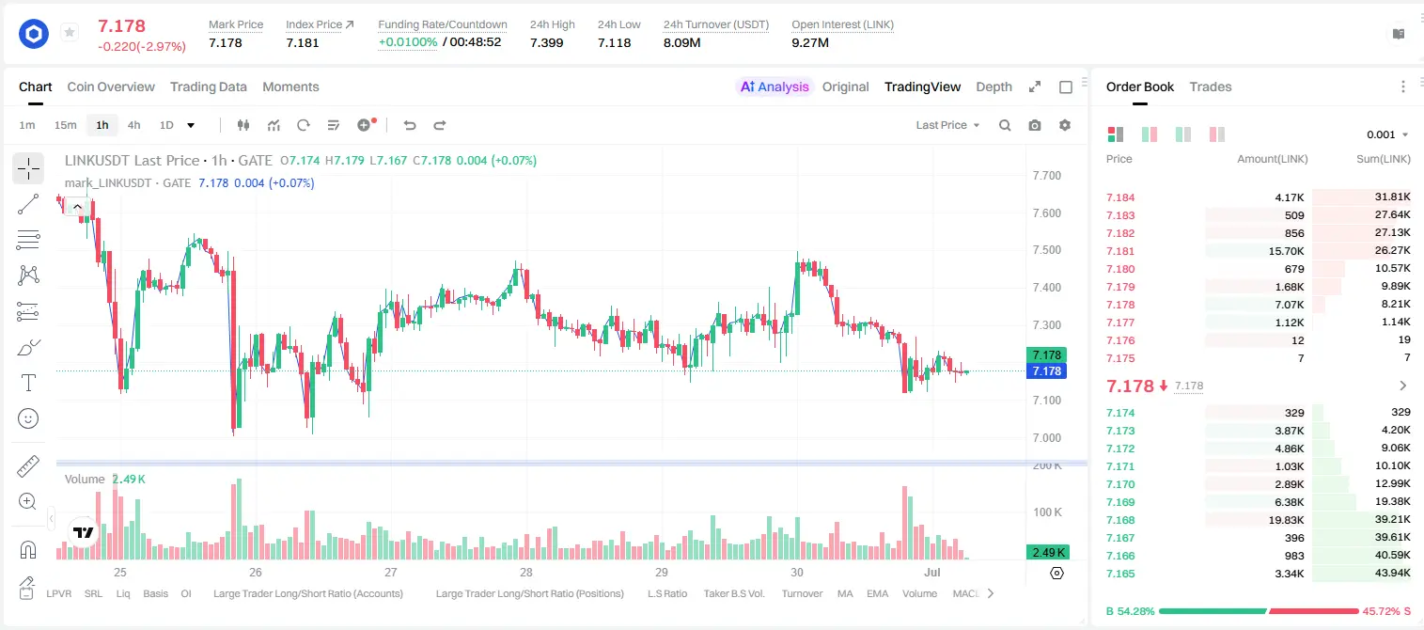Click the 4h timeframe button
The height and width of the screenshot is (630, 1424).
point(133,125)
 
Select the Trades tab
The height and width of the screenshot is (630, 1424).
point(1211,87)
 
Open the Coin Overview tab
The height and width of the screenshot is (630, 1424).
point(111,87)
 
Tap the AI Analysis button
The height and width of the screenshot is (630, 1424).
point(775,87)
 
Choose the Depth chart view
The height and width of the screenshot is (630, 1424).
point(994,87)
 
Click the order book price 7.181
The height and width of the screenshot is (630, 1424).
point(1120,251)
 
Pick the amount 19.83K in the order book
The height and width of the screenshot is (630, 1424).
point(1286,520)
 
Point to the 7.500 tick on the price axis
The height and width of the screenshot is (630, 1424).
point(1047,250)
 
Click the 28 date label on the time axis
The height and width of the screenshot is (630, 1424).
point(525,572)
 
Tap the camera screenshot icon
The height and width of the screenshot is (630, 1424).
point(1035,125)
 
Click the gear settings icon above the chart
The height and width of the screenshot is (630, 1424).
point(1065,125)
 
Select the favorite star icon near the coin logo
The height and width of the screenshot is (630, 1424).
point(70,32)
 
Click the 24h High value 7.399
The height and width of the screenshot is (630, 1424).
point(547,42)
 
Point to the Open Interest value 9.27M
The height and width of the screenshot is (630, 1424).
point(810,42)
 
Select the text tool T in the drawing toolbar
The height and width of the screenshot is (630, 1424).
point(28,383)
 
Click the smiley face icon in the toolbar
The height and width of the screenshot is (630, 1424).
point(28,418)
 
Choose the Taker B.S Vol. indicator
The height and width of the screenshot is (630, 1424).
point(733,593)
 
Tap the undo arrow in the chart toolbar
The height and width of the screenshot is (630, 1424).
point(410,125)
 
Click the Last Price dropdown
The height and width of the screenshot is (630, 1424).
point(947,125)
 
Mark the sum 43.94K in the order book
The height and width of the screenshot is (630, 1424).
point(1392,573)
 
